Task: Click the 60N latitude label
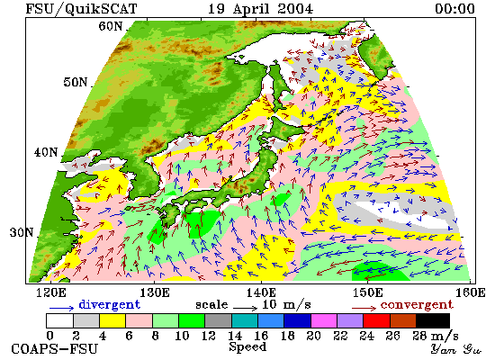pos(111,26)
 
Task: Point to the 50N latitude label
pos(76,82)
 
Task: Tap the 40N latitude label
pos(46,152)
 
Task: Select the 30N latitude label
pos(22,232)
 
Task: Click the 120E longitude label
pos(51,292)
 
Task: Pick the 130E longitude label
pos(155,292)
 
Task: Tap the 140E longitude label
pos(261,292)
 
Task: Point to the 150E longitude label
pos(367,292)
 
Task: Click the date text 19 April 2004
pos(261,8)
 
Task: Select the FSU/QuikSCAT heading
pos(81,9)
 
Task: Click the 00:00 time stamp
pos(454,8)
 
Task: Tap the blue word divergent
pos(109,305)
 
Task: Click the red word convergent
pos(417,305)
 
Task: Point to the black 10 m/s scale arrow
pos(246,307)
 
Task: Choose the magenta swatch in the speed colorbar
pos(324,320)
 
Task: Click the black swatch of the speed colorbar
pos(433,320)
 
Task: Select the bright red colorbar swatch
pos(376,320)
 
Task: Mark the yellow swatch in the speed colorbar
pos(112,320)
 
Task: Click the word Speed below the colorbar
pos(247,346)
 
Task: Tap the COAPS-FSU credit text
pos(54,348)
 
